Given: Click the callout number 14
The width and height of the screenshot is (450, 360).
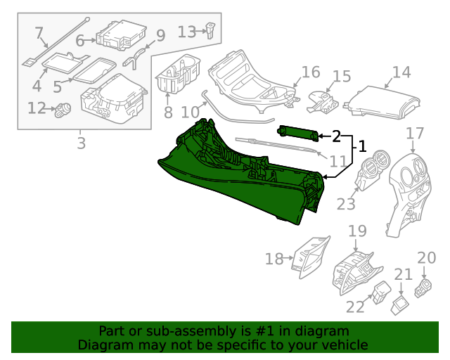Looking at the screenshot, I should pyautogui.click(x=401, y=72).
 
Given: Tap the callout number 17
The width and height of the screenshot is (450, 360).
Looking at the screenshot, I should pyautogui.click(x=415, y=133).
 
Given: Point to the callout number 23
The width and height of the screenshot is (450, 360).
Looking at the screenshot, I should pyautogui.click(x=346, y=204).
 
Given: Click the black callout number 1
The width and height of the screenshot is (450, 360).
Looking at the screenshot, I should pyautogui.click(x=362, y=146).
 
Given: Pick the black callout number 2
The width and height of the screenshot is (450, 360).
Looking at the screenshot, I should pyautogui.click(x=336, y=135).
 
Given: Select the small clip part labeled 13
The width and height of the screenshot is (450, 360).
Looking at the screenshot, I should pyautogui.click(x=210, y=29).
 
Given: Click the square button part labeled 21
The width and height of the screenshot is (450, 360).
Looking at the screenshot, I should pyautogui.click(x=400, y=302).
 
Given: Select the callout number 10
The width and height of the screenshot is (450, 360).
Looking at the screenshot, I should pyautogui.click(x=190, y=112).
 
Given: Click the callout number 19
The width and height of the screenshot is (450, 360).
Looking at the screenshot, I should pyautogui.click(x=357, y=231).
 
